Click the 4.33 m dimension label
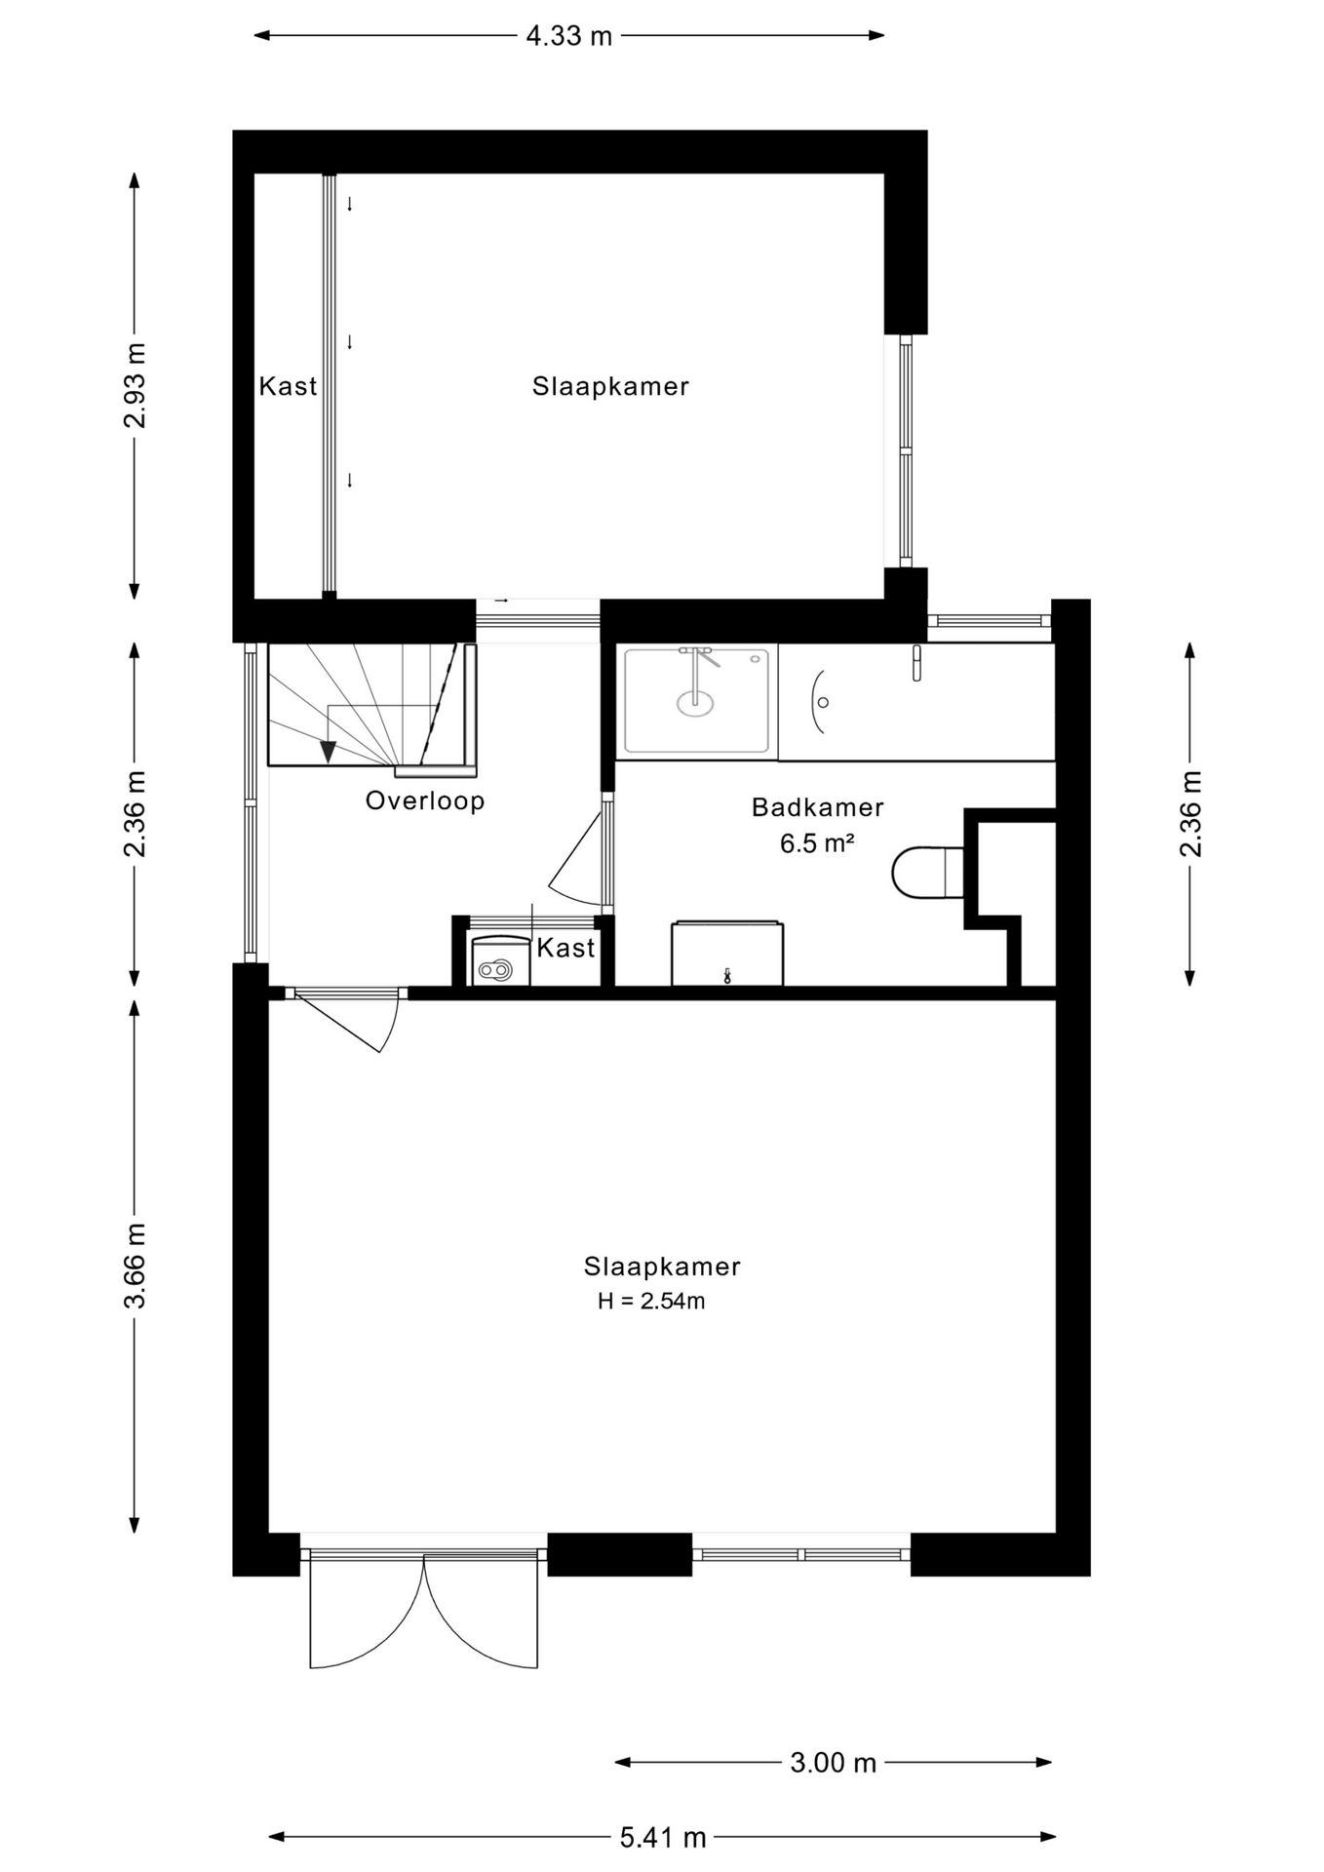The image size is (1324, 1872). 569,36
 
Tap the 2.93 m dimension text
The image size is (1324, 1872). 135,386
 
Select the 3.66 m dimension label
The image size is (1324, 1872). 135,1266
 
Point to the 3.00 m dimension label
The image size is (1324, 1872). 834,1763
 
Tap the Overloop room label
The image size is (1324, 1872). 425,801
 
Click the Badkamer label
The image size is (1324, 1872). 817,807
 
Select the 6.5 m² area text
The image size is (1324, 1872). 817,843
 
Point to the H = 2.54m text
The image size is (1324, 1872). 651,1301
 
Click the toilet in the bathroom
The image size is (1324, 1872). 927,872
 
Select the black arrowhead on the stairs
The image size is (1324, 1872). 328,752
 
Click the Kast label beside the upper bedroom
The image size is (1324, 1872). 288,387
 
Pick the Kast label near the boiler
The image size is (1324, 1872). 565,948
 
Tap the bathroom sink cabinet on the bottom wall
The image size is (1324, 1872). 727,953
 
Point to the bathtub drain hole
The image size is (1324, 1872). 824,702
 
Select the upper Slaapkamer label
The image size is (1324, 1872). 610,387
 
